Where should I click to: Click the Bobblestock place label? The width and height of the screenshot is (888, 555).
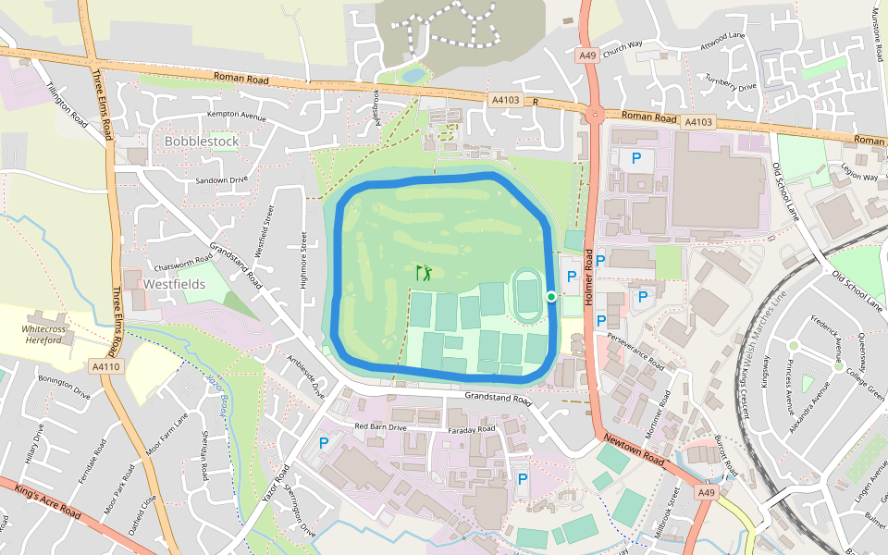(x=201, y=141)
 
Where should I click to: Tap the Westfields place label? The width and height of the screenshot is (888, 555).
(x=174, y=284)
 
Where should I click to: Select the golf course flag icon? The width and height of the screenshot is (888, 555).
(x=425, y=273)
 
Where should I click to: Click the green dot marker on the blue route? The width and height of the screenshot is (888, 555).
(x=551, y=296)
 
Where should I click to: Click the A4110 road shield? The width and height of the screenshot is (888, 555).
(x=106, y=367)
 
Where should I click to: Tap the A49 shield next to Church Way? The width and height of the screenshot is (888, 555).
(x=587, y=55)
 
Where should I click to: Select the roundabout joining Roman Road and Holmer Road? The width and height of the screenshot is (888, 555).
(x=594, y=115)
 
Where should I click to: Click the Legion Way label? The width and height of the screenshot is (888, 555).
(x=858, y=177)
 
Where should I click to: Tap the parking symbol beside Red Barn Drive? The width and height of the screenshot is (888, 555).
(x=324, y=443)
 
